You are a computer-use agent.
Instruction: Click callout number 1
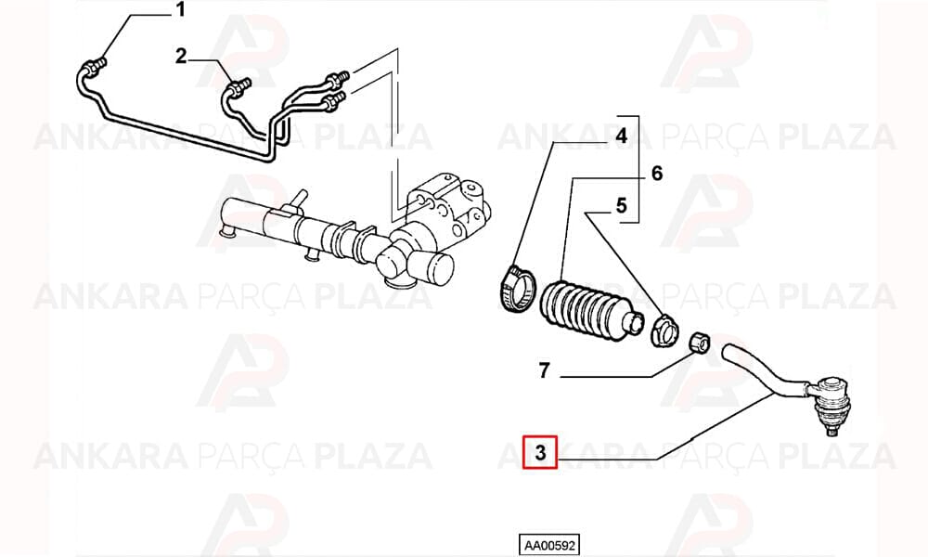click(181, 10)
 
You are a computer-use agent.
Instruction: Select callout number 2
click(181, 57)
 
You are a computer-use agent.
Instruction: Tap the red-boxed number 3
click(540, 452)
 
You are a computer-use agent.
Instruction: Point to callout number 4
click(621, 136)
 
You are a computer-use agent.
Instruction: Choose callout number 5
click(621, 205)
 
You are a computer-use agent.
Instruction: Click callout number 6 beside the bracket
click(657, 174)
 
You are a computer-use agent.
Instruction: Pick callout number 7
click(545, 370)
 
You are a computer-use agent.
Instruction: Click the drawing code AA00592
click(549, 545)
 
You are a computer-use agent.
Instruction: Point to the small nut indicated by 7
click(700, 343)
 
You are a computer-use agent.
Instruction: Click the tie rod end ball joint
click(831, 400)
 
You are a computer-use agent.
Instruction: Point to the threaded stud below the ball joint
click(832, 431)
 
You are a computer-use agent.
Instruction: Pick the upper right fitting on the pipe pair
click(340, 77)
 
